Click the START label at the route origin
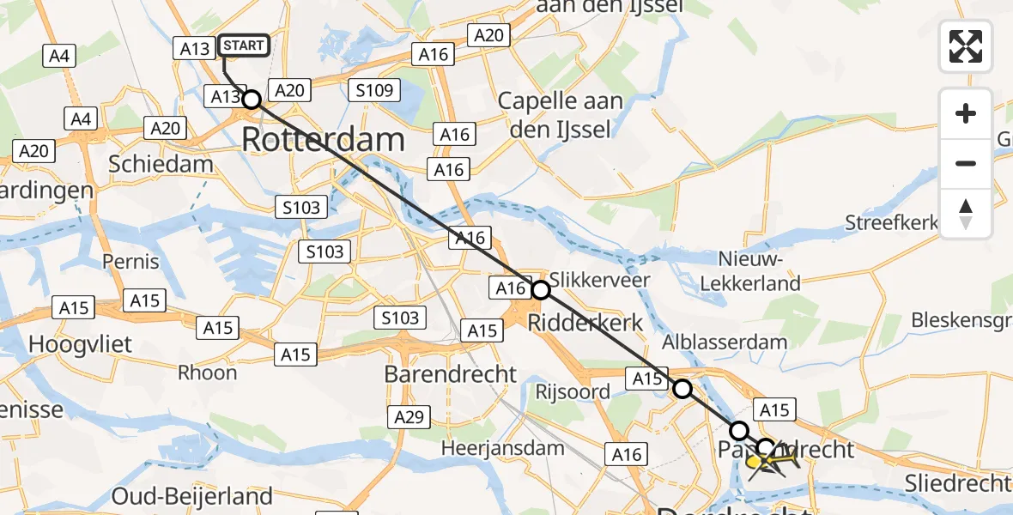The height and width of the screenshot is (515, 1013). coord(245,45)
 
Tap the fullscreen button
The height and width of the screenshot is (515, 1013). coord(966,45)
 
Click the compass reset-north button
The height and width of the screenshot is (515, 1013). coord(966,214)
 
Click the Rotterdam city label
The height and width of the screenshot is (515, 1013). coord(323,139)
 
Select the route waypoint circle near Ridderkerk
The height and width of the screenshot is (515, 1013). coord(540,290)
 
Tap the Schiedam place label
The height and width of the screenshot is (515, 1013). coord(161,165)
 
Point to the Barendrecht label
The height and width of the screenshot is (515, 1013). coord(451,374)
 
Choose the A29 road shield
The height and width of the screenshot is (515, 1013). coord(409,417)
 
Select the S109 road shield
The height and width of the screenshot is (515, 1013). coord(376,90)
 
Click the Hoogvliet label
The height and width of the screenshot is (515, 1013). coord(81,344)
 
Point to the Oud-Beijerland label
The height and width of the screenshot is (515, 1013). coord(192,496)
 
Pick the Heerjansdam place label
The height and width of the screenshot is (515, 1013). coord(503,447)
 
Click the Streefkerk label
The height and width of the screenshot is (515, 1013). coord(892,223)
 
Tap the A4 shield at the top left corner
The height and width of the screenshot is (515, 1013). coord(58,57)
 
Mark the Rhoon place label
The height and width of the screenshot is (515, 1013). coord(207,373)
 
